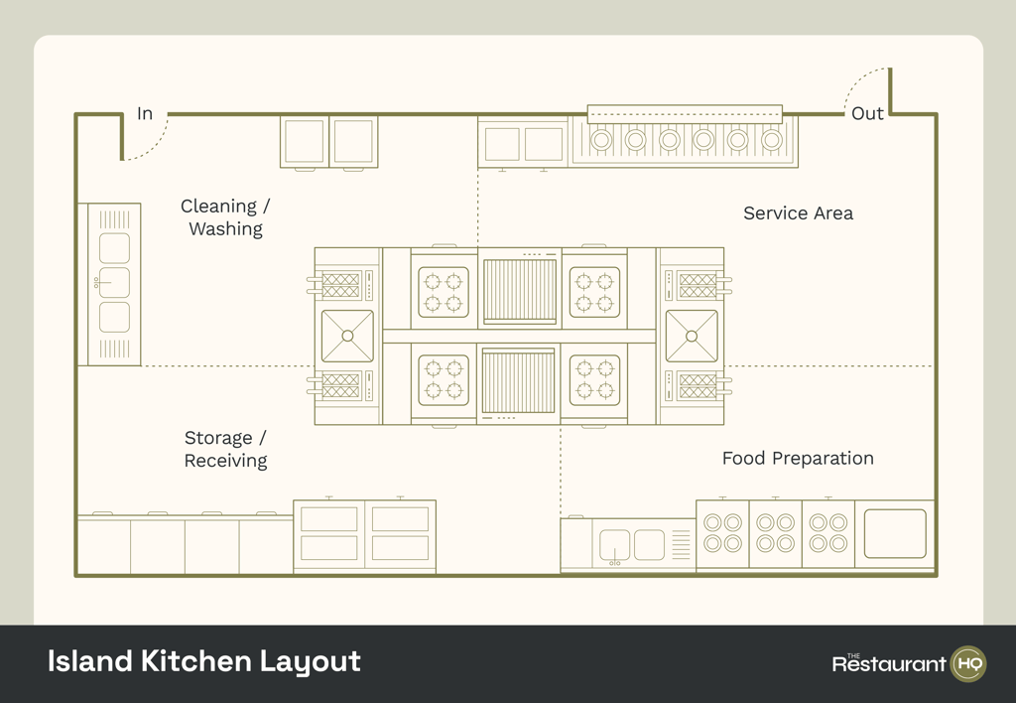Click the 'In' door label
pos(145,113)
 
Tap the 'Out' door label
pos(867,113)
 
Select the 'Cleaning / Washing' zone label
pos(225,217)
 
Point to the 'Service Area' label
pos(798,212)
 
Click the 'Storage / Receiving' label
pos(225,449)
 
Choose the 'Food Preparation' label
pos(798,458)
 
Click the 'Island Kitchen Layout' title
pos(204,661)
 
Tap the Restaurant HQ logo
pos(908,663)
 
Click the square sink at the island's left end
pos(347,336)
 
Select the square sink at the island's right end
pos(692,336)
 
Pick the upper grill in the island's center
pos(519,291)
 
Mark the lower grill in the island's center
pos(519,381)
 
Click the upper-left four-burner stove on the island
pos(444,292)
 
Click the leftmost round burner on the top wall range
pos(601,140)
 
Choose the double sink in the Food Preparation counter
pos(632,544)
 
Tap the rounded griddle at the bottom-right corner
pos(895,533)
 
